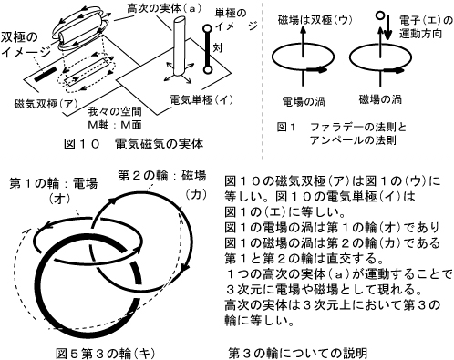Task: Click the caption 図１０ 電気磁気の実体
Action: tap(133, 144)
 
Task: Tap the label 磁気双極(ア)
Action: tap(45, 105)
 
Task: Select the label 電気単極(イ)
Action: tap(201, 99)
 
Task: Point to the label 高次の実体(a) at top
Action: tap(164, 8)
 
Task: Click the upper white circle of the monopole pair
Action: tap(207, 29)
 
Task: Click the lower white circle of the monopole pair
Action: tap(207, 70)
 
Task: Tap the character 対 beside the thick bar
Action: tap(218, 47)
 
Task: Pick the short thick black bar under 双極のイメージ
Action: tap(46, 74)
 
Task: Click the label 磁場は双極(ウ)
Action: tap(315, 20)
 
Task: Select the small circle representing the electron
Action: tap(379, 15)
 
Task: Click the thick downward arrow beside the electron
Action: tap(387, 30)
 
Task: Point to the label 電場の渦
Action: tap(304, 101)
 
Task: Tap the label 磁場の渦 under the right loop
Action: tap(380, 99)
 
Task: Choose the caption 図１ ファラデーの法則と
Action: tap(342, 127)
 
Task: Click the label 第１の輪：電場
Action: tap(54, 183)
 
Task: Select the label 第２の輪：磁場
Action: tap(162, 176)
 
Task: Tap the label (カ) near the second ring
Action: tap(195, 194)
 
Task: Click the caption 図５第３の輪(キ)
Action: tap(106, 354)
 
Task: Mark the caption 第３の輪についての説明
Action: tap(298, 353)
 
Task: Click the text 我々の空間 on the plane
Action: tap(115, 112)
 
